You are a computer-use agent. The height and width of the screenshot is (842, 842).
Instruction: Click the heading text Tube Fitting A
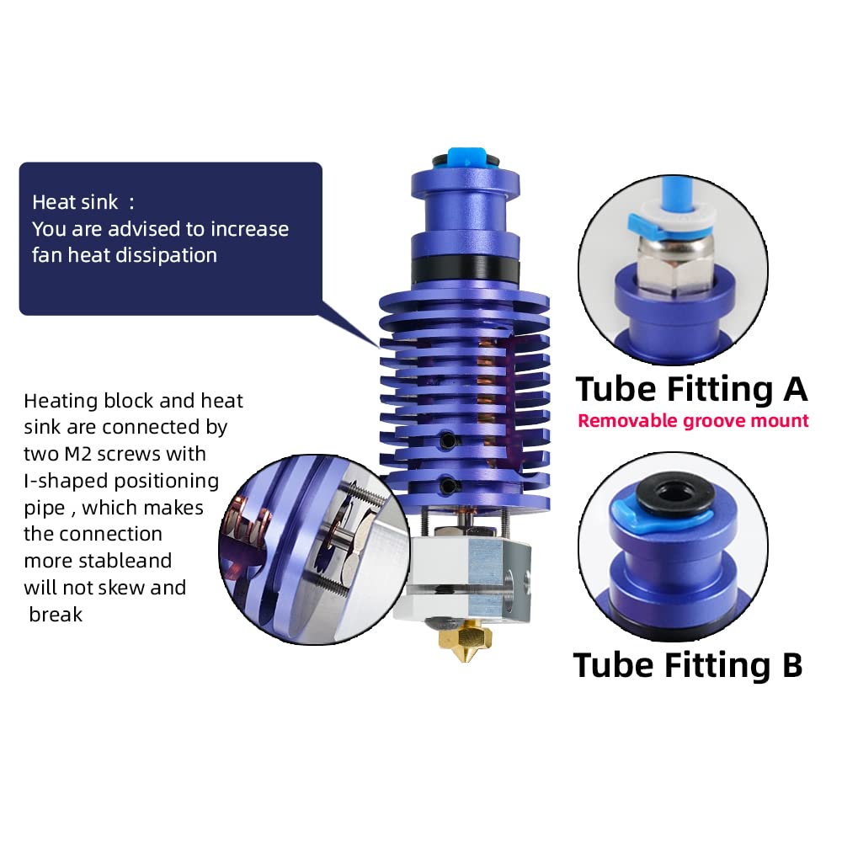click(x=691, y=389)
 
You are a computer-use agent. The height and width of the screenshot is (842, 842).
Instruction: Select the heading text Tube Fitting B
click(x=688, y=664)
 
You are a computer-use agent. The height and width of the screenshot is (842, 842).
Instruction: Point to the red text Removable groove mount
click(x=693, y=420)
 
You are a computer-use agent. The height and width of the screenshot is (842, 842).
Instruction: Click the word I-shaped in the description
click(x=65, y=481)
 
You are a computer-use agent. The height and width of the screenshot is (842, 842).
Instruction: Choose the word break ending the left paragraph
click(x=56, y=615)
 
